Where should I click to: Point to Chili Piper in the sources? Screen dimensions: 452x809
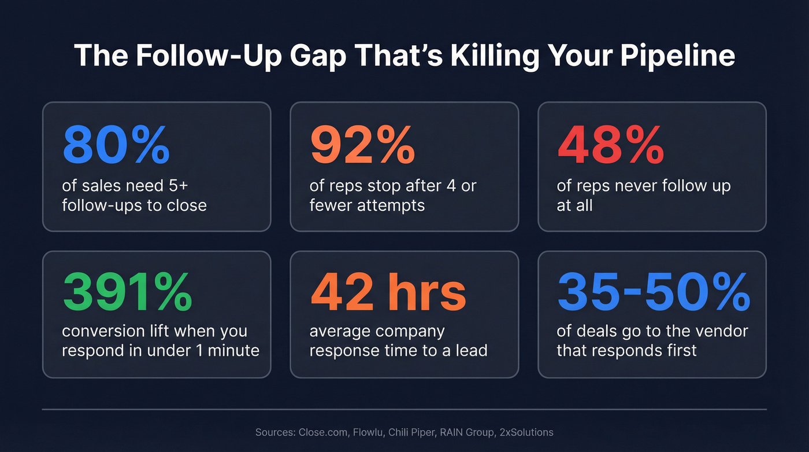click(x=417, y=432)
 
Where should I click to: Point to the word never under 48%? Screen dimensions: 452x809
click(x=628, y=186)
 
